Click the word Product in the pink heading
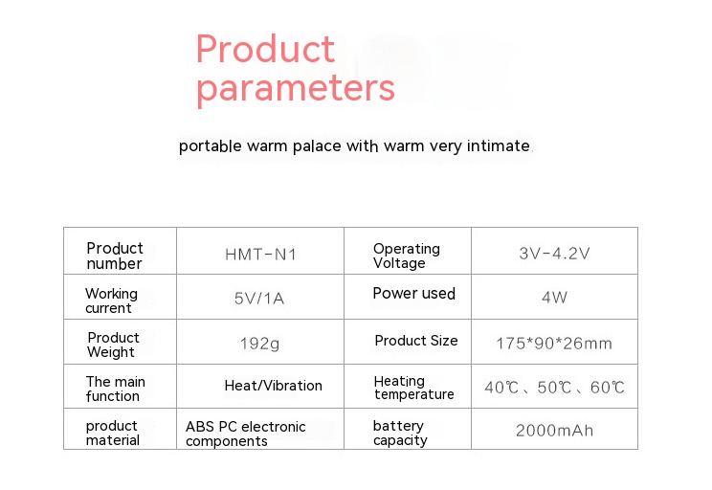coord(265,49)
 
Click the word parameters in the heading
coord(296,90)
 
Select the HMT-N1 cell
coord(260,255)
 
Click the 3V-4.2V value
coord(554,253)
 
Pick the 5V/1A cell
coord(259,299)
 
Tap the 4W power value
coord(554,298)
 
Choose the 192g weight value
coord(259,344)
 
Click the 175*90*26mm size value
coord(554,344)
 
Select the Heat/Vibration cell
coord(274,386)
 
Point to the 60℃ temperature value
coord(607,388)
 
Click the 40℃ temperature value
coord(501,388)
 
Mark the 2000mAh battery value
coord(554,431)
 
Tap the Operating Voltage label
coord(407,256)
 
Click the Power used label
coord(413,294)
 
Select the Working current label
coord(111,301)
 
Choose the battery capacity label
coord(400,434)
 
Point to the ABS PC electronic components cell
coord(246,434)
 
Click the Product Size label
coord(416,341)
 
